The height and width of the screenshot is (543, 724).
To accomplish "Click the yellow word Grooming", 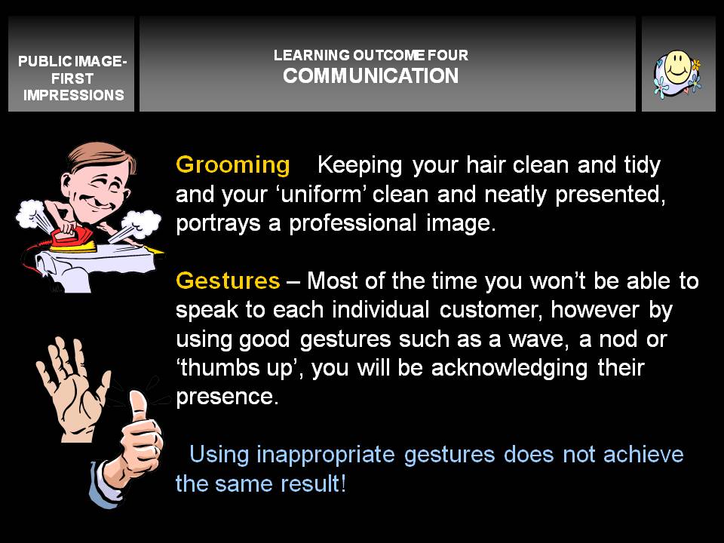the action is point(233,165).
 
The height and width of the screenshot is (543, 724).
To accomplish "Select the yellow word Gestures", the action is point(228,281).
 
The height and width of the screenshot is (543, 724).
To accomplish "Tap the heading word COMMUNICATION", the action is point(371,76).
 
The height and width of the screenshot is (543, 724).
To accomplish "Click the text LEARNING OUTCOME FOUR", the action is point(371,55).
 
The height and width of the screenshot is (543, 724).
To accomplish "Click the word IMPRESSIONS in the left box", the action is point(73,95).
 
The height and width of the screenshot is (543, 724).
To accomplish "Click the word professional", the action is point(353,223).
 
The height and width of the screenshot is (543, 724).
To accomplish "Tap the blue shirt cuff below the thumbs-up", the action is point(104,485).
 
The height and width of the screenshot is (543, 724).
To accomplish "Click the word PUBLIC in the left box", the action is point(44,61).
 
